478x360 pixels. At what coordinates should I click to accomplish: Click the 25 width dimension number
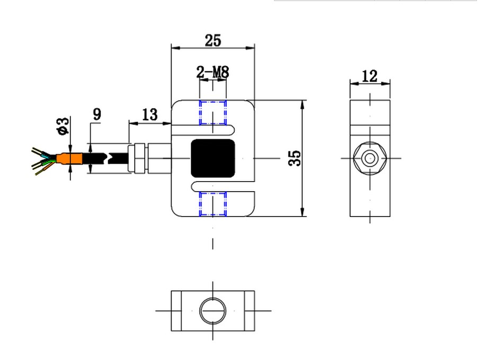213,41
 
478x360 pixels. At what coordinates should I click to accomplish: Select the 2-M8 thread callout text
213,73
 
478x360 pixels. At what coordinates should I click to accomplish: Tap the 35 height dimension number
295,158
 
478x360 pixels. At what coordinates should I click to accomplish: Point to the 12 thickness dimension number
369,76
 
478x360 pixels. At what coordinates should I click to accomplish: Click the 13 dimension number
150,115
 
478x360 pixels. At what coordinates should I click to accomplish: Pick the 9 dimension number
97,114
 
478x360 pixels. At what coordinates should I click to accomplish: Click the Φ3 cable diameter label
63,126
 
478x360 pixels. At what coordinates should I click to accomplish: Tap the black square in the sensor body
213,158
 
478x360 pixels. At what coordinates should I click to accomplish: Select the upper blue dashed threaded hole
213,113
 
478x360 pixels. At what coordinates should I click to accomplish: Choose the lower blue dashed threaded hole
213,204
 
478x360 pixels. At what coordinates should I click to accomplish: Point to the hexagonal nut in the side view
370,158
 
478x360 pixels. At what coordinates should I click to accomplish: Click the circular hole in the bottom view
213,311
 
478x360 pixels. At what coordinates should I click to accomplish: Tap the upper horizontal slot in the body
203,130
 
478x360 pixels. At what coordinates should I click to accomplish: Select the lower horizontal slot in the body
223,187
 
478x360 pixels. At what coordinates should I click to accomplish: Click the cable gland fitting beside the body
149,158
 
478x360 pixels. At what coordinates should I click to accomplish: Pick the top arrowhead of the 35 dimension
302,104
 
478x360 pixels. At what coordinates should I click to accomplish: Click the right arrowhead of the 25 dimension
250,48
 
